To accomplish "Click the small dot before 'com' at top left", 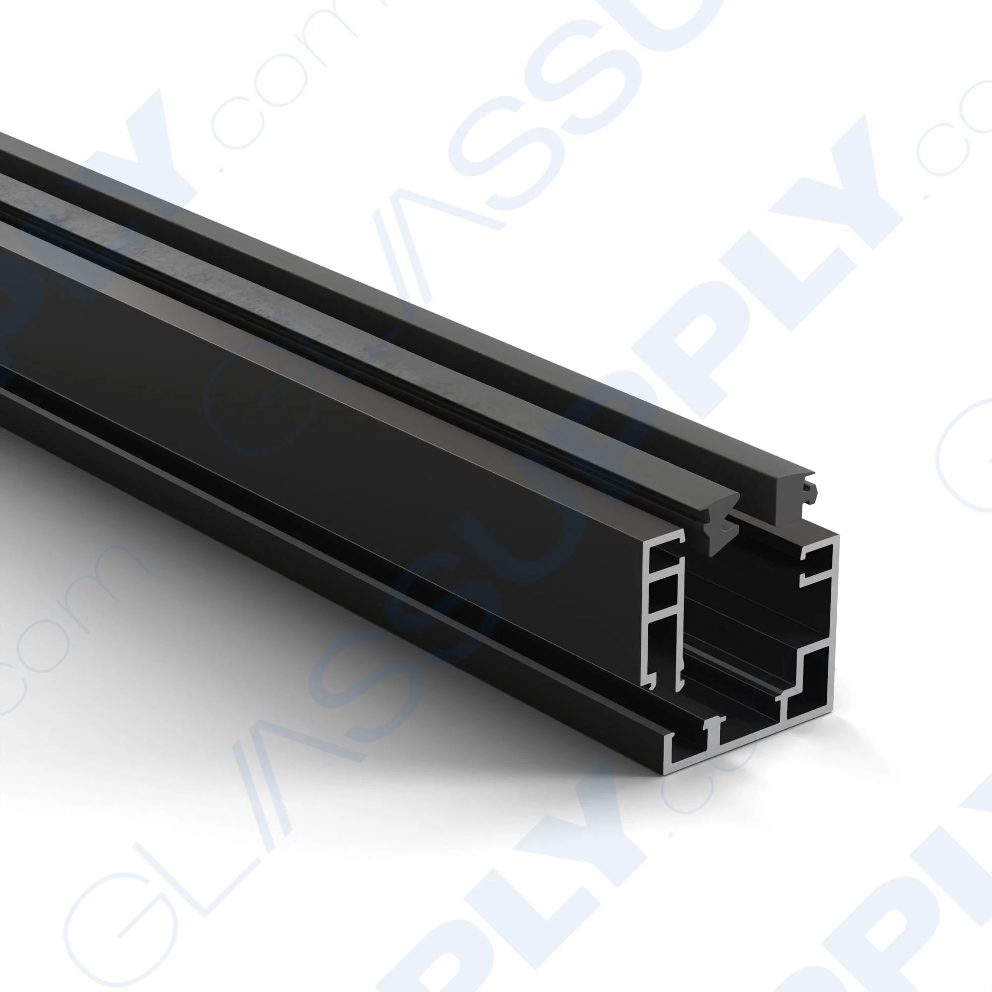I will (222, 169).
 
